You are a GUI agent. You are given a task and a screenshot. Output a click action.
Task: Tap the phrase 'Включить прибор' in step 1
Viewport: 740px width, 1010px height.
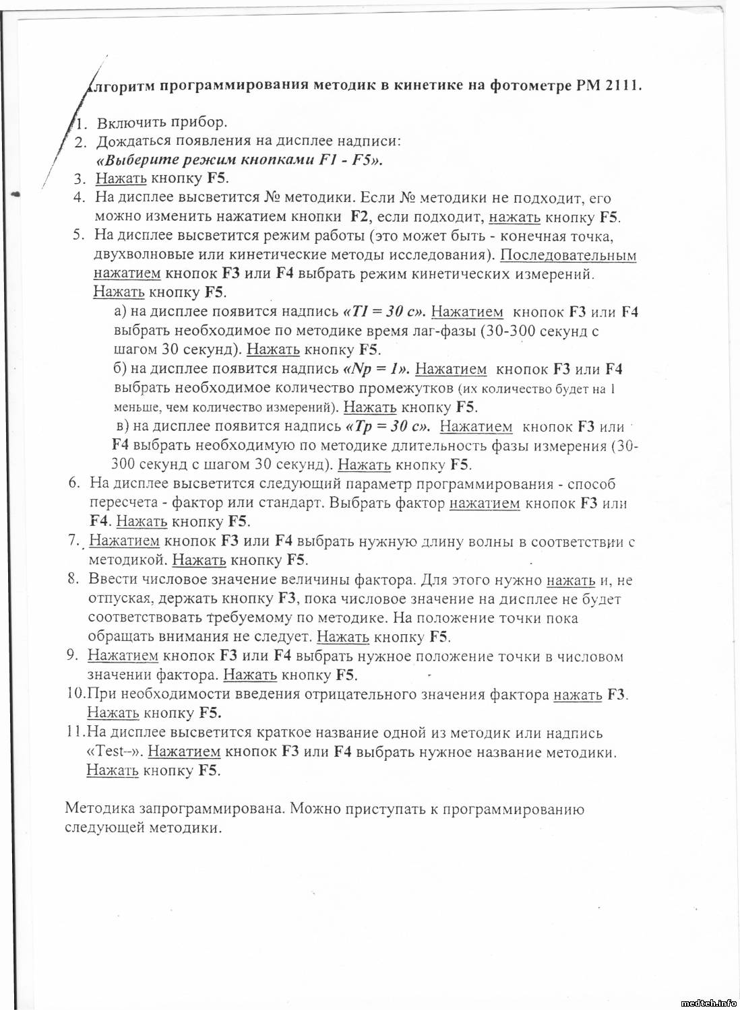pyautogui.click(x=162, y=123)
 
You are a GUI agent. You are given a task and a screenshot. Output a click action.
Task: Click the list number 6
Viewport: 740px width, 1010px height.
pyautogui.click(x=74, y=483)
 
